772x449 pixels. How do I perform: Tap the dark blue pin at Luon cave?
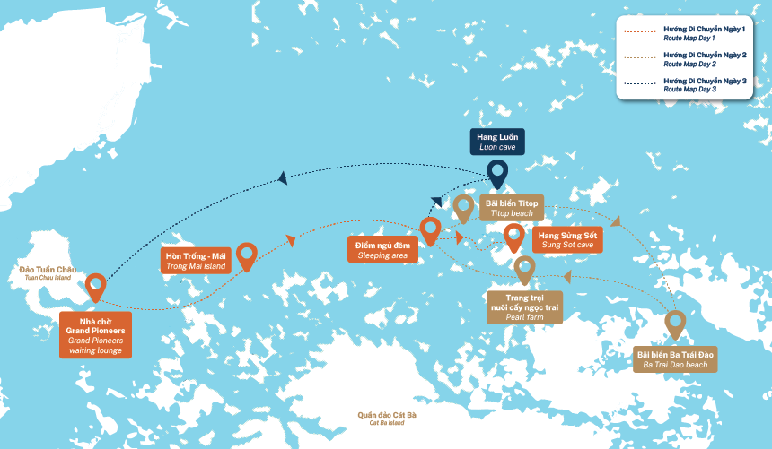click(496, 172)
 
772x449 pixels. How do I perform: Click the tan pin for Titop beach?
click(463, 207)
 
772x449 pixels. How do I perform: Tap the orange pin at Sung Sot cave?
click(513, 237)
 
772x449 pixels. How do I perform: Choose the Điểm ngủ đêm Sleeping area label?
click(382, 249)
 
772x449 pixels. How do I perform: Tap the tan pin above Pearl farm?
click(524, 267)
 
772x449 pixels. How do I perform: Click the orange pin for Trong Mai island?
click(246, 255)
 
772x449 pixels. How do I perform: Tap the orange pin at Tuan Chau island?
click(95, 287)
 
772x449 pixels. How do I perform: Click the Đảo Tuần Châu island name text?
click(48, 272)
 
